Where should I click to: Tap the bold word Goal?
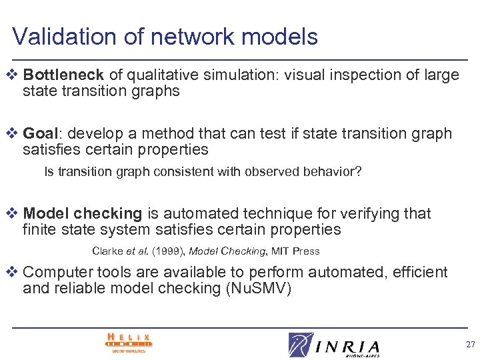[39, 134]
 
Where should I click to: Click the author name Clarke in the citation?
[107, 251]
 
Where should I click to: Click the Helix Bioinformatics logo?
[129, 342]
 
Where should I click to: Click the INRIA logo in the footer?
[333, 344]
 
